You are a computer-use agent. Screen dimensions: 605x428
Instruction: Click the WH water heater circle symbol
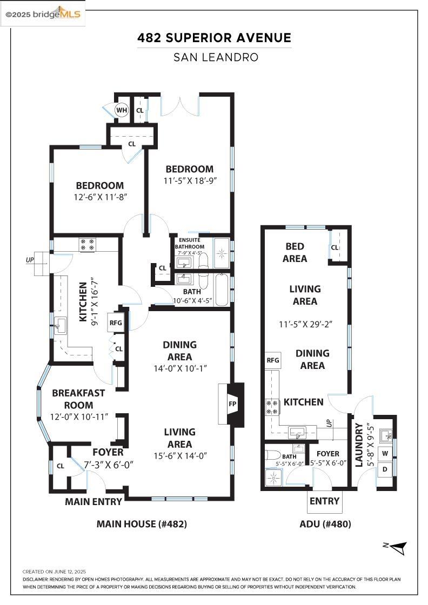(x=122, y=111)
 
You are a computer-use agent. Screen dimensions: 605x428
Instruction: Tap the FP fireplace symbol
(x=232, y=404)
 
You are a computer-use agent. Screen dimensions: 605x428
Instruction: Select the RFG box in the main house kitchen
(x=116, y=323)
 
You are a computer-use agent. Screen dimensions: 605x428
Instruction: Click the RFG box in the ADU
(x=272, y=360)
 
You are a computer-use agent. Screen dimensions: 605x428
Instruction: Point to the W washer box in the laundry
(x=385, y=453)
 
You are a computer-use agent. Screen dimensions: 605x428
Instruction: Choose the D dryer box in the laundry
(x=385, y=469)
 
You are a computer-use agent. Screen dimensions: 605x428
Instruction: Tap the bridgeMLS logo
(x=43, y=14)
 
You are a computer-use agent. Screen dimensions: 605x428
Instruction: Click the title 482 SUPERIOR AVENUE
(x=214, y=38)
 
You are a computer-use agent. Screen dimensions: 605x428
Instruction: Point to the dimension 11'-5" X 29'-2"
(x=305, y=324)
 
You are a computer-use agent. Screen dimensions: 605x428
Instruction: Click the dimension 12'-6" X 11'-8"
(x=99, y=198)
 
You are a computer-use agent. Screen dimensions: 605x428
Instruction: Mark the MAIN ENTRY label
(x=93, y=501)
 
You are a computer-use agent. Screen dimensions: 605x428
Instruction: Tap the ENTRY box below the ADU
(x=324, y=501)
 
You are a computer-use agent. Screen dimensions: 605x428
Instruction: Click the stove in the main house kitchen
(x=88, y=245)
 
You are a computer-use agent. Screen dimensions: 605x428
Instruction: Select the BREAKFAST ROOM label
(x=78, y=399)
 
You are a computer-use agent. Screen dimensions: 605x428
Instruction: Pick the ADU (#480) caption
(x=325, y=523)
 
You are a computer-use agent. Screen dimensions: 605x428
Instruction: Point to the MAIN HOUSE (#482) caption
(x=142, y=523)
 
